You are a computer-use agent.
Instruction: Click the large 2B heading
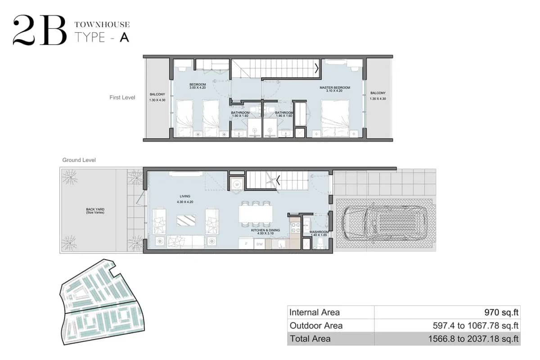coord(40,31)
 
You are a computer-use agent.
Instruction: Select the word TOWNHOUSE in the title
coord(102,25)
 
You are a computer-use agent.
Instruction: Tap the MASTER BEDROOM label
coord(334,88)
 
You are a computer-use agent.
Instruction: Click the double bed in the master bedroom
coord(335,118)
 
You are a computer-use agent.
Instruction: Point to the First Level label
coord(122,97)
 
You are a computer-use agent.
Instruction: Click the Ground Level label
coord(79,160)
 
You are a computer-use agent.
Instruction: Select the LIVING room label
coord(184,196)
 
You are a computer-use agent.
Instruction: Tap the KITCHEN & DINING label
coord(265,230)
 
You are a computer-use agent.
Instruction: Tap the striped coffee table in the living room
coord(186,220)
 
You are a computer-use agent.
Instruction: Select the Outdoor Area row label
coord(316,325)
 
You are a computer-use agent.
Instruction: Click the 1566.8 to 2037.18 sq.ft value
coord(474,339)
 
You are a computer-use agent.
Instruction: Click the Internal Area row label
coord(315,312)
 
